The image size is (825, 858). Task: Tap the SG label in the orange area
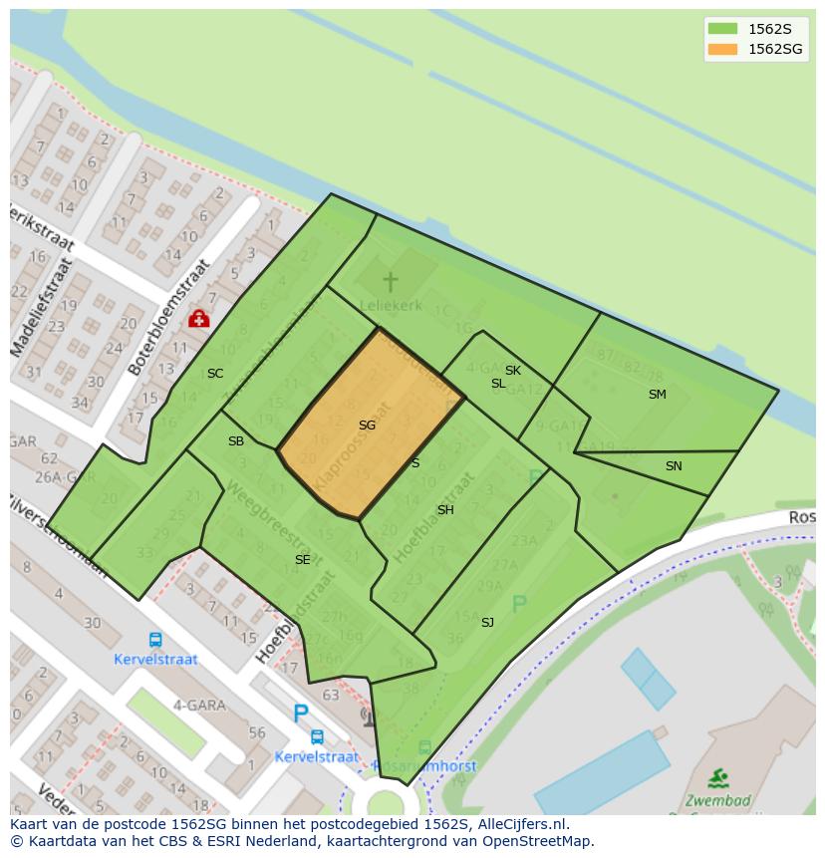(x=367, y=426)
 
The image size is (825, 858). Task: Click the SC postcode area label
(x=215, y=374)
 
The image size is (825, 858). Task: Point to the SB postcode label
(x=236, y=441)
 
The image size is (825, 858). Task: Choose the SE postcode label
(x=302, y=560)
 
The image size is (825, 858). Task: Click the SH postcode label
(x=445, y=510)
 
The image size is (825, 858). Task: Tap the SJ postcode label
(x=487, y=623)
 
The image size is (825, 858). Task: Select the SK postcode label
(x=513, y=371)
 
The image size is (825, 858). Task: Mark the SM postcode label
(x=657, y=395)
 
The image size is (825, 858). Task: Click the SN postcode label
(x=674, y=466)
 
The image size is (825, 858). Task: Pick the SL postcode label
(x=498, y=384)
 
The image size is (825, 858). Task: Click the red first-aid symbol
(x=198, y=318)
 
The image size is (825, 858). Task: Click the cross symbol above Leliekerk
(x=390, y=281)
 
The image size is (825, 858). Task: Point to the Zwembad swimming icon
(x=717, y=777)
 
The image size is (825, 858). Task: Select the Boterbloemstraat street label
(x=169, y=316)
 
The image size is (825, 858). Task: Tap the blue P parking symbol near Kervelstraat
(x=300, y=714)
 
